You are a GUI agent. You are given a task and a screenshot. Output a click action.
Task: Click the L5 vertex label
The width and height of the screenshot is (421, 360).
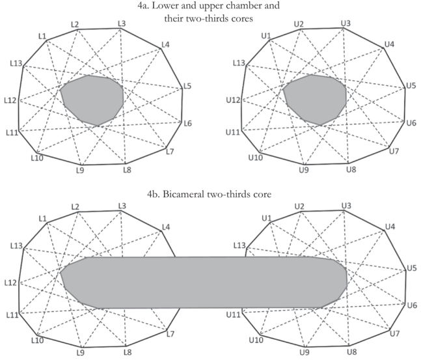click(x=186, y=86)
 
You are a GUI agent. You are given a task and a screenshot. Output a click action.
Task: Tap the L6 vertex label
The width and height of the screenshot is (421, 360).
click(x=187, y=123)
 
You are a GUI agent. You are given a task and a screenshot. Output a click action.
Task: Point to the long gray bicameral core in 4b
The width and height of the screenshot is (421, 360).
click(x=203, y=281)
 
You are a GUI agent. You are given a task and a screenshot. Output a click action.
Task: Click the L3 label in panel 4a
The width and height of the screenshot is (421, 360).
click(x=122, y=24)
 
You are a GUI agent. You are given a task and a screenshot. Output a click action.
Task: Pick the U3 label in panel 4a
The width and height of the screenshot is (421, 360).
click(x=346, y=24)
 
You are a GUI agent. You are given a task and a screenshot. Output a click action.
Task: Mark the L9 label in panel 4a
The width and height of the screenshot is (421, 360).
click(x=80, y=171)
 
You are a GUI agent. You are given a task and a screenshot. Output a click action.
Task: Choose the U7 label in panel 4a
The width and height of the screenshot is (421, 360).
click(x=394, y=152)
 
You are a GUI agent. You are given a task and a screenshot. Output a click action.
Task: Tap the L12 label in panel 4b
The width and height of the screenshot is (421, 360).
click(x=10, y=283)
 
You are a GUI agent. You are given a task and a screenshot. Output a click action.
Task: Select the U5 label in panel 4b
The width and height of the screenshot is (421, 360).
click(x=411, y=268)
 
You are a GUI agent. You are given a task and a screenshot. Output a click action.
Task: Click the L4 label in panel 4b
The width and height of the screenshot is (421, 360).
click(x=166, y=227)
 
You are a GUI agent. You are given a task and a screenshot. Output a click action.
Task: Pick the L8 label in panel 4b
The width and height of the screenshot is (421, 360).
click(x=128, y=352)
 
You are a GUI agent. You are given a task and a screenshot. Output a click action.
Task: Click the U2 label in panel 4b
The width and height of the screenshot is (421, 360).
click(x=299, y=206)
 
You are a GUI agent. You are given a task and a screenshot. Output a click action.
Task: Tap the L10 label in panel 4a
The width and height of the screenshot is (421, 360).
click(x=36, y=158)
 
